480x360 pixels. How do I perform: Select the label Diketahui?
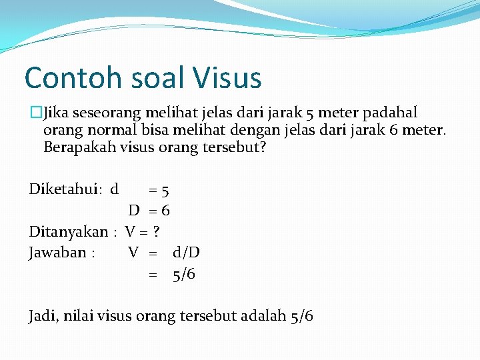(65, 189)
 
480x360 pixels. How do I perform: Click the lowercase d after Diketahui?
(115, 189)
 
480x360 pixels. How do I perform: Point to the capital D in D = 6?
(134, 211)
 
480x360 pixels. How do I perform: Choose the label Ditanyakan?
(68, 232)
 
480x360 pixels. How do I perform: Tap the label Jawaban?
(57, 253)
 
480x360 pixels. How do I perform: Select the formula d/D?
(186, 253)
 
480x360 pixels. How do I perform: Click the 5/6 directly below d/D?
(184, 274)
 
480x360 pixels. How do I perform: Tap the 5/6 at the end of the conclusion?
(302, 316)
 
